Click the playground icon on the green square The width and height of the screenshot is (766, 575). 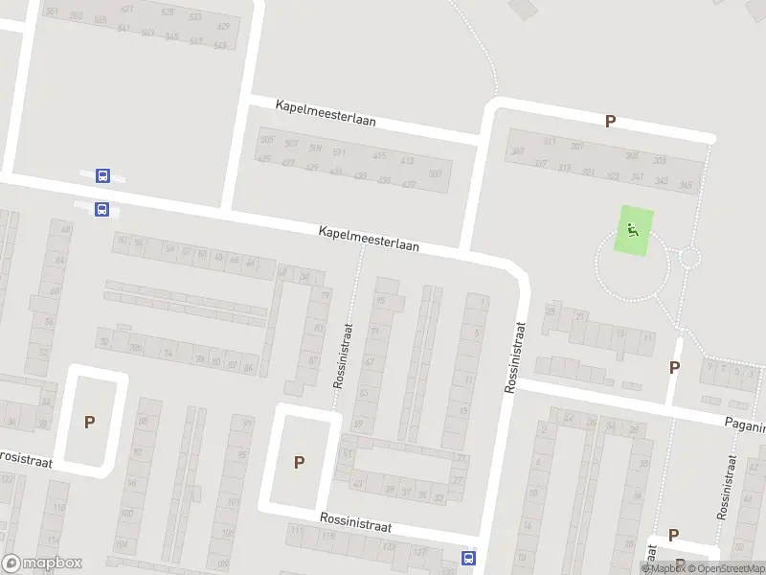tap(632, 229)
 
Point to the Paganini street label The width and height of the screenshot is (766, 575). tap(746, 423)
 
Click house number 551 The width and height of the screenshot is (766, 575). tap(339, 152)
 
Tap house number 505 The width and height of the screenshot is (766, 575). tap(266, 141)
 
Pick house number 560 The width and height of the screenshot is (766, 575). tap(435, 173)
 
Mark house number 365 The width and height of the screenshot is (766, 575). tap(686, 185)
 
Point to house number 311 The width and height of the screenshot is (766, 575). tap(549, 142)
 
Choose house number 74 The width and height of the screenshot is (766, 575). tap(169, 354)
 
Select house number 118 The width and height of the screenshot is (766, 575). tap(56, 509)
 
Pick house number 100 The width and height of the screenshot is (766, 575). tap(125, 514)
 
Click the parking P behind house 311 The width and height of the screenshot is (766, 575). tap(609, 121)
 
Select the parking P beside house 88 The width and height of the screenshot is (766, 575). tap(90, 422)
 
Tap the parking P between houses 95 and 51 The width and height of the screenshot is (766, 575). tap(299, 462)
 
